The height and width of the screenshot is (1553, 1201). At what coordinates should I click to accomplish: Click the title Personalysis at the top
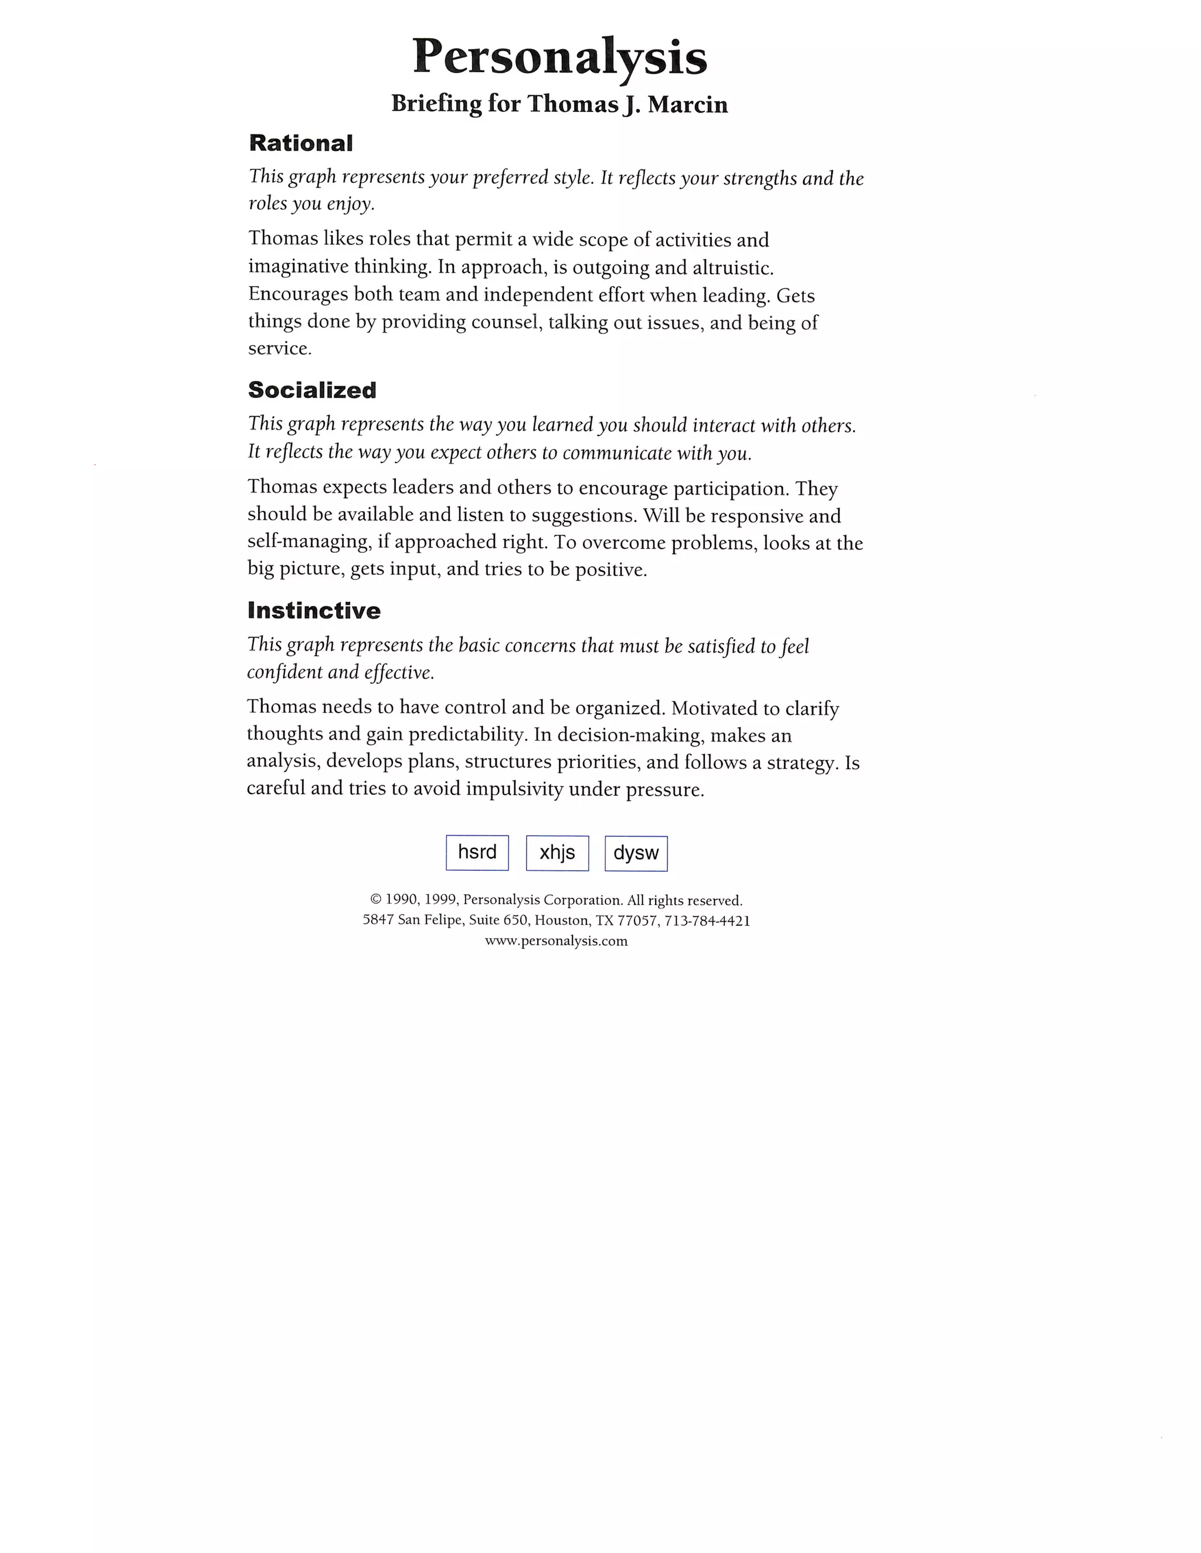(560, 56)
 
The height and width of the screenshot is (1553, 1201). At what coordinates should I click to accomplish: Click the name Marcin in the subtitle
(687, 104)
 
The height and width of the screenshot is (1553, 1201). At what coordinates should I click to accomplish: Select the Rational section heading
(300, 143)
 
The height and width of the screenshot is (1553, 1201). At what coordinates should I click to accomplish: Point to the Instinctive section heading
(314, 610)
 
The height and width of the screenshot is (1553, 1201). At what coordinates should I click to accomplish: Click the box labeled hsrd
(477, 853)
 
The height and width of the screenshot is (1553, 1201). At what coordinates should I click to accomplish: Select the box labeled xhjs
(557, 853)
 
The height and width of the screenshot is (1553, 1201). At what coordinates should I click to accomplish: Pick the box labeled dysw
(636, 853)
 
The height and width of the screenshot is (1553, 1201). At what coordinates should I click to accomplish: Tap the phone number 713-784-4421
(707, 921)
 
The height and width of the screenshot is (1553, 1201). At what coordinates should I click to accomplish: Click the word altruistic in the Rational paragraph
(733, 268)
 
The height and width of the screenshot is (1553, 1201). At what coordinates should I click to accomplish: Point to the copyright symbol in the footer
(376, 901)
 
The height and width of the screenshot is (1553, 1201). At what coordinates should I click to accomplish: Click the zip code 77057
(637, 921)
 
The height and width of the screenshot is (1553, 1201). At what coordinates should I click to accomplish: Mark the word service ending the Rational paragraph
(279, 349)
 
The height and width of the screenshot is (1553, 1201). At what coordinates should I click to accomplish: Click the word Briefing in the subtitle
(436, 104)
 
